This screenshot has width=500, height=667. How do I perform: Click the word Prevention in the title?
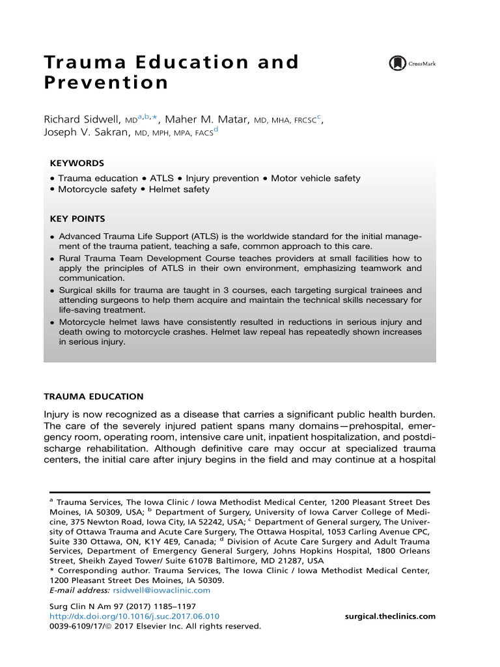click(106, 83)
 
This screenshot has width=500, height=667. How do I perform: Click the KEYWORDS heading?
click(77, 163)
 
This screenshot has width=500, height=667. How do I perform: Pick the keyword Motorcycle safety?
click(97, 190)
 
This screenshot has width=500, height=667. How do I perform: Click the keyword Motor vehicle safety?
click(316, 178)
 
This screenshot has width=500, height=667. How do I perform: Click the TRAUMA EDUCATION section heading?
click(93, 397)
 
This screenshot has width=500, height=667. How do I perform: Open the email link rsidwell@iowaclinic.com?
click(161, 590)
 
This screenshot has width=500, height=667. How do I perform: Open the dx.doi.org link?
click(135, 616)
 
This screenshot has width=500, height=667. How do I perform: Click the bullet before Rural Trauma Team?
click(52, 259)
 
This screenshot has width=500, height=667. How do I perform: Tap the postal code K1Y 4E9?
click(155, 541)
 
